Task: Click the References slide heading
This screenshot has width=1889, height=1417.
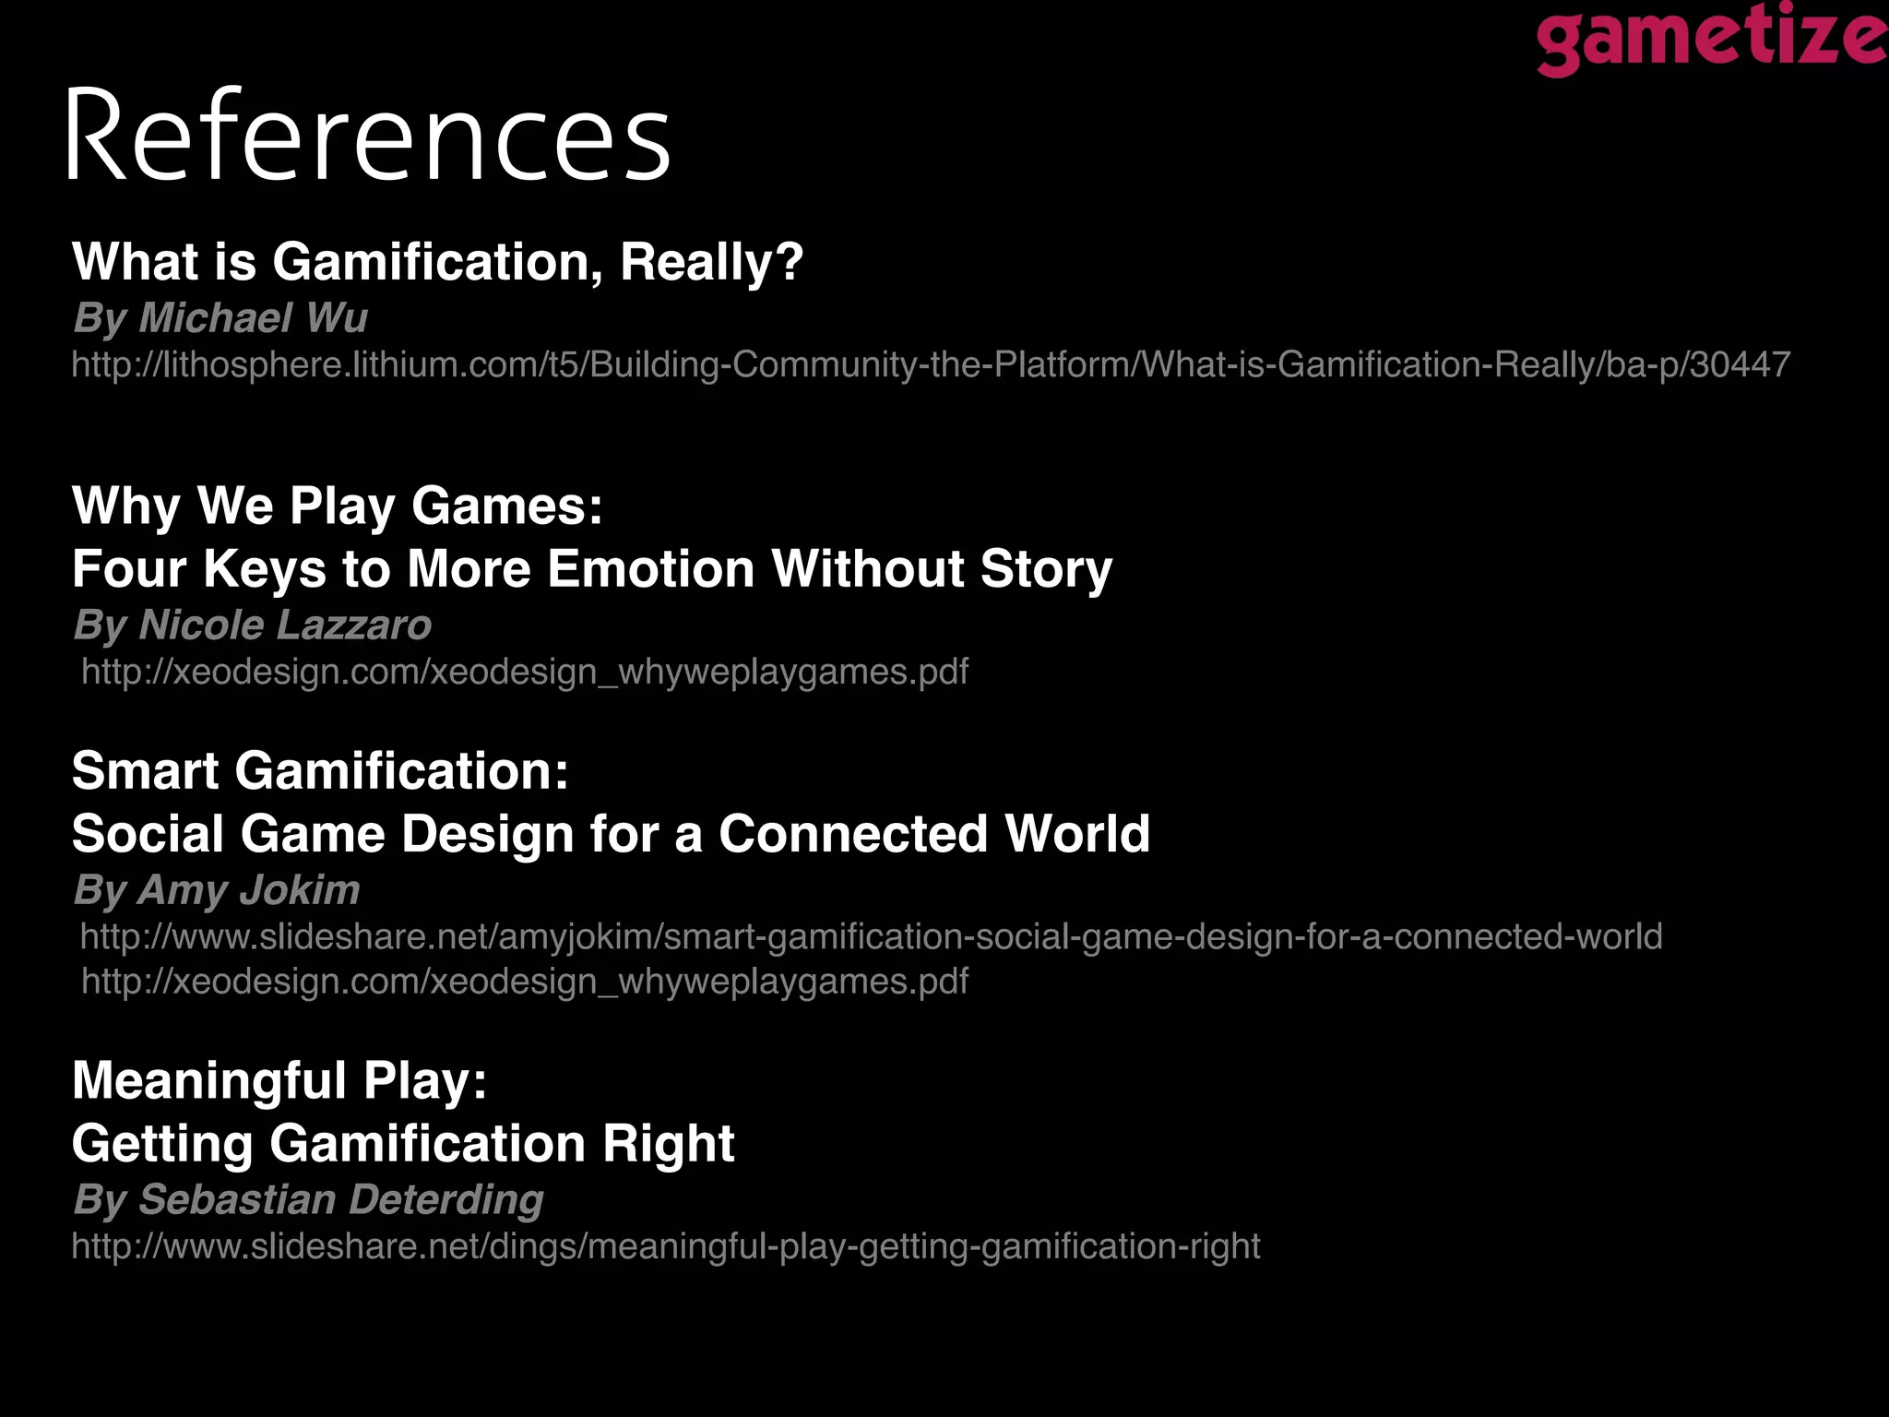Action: (367, 137)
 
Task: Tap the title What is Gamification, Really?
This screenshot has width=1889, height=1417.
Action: (437, 262)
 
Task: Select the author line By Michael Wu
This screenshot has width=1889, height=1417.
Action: (220, 318)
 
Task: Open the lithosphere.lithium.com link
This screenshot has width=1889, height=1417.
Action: (931, 365)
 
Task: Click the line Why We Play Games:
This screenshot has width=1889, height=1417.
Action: (338, 506)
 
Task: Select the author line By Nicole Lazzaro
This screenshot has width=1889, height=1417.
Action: (253, 625)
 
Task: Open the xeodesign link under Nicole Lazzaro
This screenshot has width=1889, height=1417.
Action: (525, 672)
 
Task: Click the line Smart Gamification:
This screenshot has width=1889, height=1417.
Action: (320, 770)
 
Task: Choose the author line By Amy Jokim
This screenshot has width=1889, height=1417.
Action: (217, 890)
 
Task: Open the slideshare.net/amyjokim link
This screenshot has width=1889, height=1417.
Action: (871, 937)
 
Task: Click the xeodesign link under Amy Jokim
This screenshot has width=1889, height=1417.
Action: (525, 982)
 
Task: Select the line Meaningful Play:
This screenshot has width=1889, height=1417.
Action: (279, 1080)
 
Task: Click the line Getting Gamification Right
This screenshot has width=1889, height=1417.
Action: (403, 1144)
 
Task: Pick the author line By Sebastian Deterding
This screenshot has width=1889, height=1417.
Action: (308, 1200)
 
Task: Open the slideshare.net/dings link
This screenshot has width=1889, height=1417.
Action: (666, 1247)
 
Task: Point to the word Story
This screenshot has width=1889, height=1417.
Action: (1046, 568)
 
